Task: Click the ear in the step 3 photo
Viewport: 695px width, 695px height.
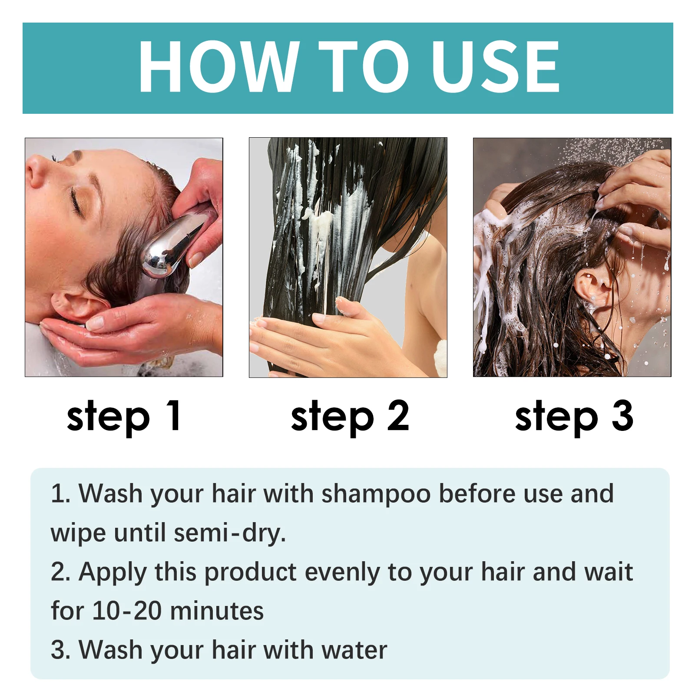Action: point(593,287)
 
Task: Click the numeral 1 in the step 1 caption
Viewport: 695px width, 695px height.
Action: point(174,416)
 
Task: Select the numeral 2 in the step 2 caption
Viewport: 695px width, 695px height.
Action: point(398,416)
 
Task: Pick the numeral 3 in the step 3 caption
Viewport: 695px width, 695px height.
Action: point(622,416)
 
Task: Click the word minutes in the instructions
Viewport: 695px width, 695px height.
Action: point(217,611)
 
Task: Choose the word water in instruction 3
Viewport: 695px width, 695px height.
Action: point(354,650)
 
